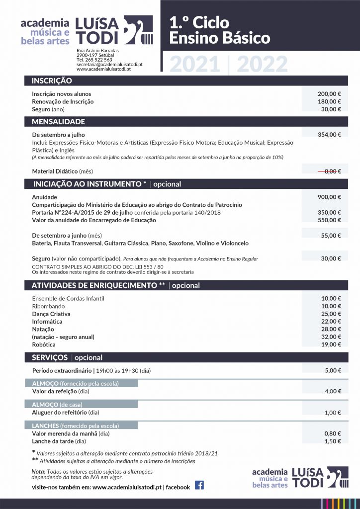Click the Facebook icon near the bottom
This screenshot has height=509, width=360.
tap(199, 485)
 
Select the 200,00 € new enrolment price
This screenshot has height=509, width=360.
tap(329, 94)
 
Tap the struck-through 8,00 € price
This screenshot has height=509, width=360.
tap(329, 171)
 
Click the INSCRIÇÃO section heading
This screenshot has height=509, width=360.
tap(52, 81)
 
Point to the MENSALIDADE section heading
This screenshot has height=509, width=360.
tap(58, 122)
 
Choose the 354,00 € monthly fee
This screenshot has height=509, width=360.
tap(329, 135)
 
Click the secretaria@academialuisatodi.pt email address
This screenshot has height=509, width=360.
tap(109, 65)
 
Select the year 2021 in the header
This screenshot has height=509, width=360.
tap(195, 65)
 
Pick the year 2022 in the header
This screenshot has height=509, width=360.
tap(262, 65)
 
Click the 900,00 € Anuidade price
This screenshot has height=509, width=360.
tap(329, 197)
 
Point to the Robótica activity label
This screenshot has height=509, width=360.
tap(44, 344)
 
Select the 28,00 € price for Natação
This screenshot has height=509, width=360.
tap(331, 329)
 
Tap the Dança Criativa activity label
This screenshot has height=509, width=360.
tap(51, 314)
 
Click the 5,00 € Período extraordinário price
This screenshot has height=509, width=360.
tap(333, 370)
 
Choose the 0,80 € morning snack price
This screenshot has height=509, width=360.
tap(333, 433)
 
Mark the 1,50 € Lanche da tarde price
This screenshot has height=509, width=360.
tap(333, 441)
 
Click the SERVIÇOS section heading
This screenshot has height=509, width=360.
tap(50, 358)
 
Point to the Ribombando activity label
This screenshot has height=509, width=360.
tap(48, 306)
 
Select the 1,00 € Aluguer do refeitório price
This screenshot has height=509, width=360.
tap(333, 413)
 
